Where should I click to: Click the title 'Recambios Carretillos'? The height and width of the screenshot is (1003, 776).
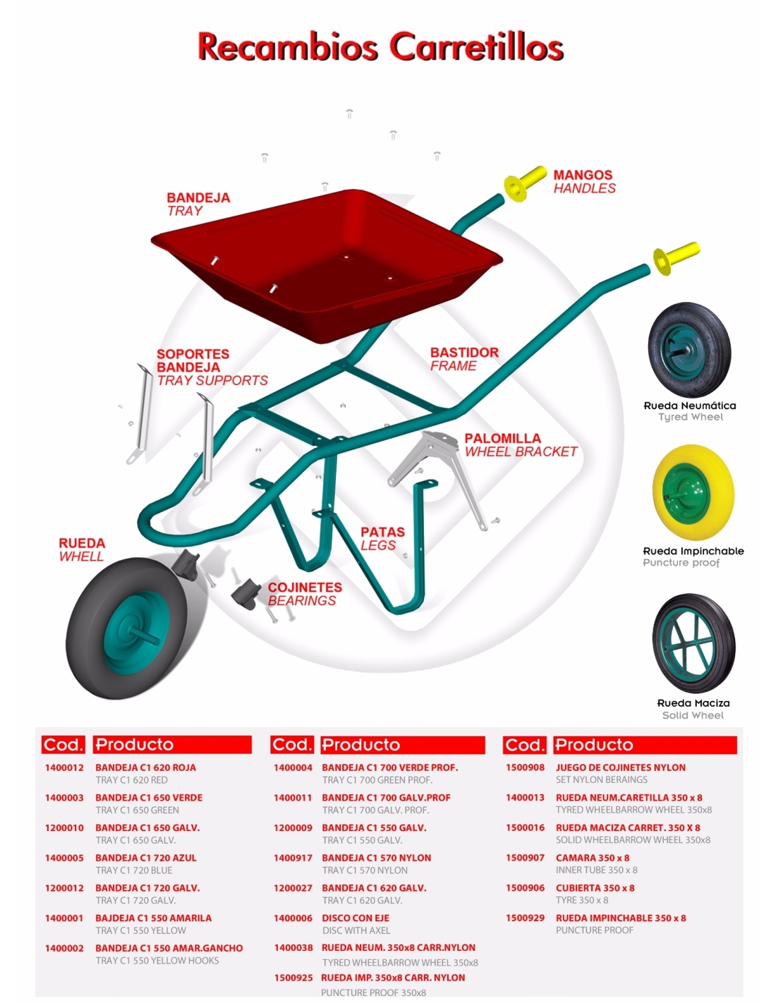click(380, 47)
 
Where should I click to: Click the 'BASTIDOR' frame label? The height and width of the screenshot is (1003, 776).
click(464, 353)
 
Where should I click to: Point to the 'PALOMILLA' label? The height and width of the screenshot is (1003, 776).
click(502, 438)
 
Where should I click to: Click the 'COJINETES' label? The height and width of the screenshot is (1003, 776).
click(305, 588)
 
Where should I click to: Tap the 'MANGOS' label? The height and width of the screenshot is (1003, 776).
click(583, 175)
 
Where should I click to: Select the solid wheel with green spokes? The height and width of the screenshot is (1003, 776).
click(693, 643)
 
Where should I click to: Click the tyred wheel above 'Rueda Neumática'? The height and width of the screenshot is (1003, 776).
click(689, 349)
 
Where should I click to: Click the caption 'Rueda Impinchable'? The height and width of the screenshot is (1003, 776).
click(693, 551)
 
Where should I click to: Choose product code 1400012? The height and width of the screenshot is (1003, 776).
click(64, 767)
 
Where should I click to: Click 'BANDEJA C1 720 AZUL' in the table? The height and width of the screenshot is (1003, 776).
click(146, 858)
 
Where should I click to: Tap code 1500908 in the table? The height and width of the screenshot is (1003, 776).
click(525, 767)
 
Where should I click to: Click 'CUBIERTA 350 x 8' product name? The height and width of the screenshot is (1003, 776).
click(595, 888)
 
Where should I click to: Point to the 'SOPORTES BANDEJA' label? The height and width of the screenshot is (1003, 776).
click(192, 360)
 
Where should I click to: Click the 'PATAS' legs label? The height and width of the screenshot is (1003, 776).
click(382, 532)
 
